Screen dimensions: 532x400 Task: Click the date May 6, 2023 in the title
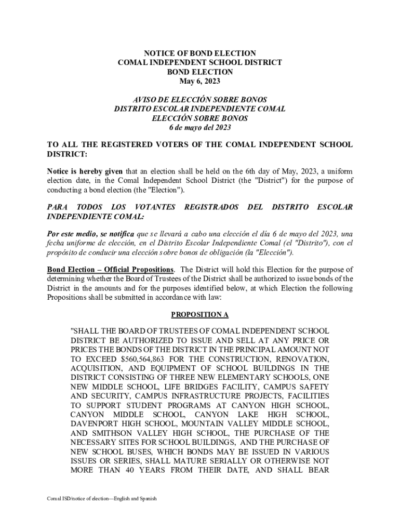pos(200,81)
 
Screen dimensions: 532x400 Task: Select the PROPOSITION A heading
pos(200,315)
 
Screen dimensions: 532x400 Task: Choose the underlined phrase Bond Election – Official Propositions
pos(111,270)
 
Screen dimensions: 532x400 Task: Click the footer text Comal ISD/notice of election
pos(101,499)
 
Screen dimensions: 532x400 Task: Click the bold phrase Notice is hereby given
pos(85,171)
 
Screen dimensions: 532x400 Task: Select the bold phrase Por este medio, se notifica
pos(91,234)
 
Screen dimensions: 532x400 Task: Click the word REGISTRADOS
pos(211,207)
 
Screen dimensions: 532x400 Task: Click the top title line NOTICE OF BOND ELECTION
pos(200,54)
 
